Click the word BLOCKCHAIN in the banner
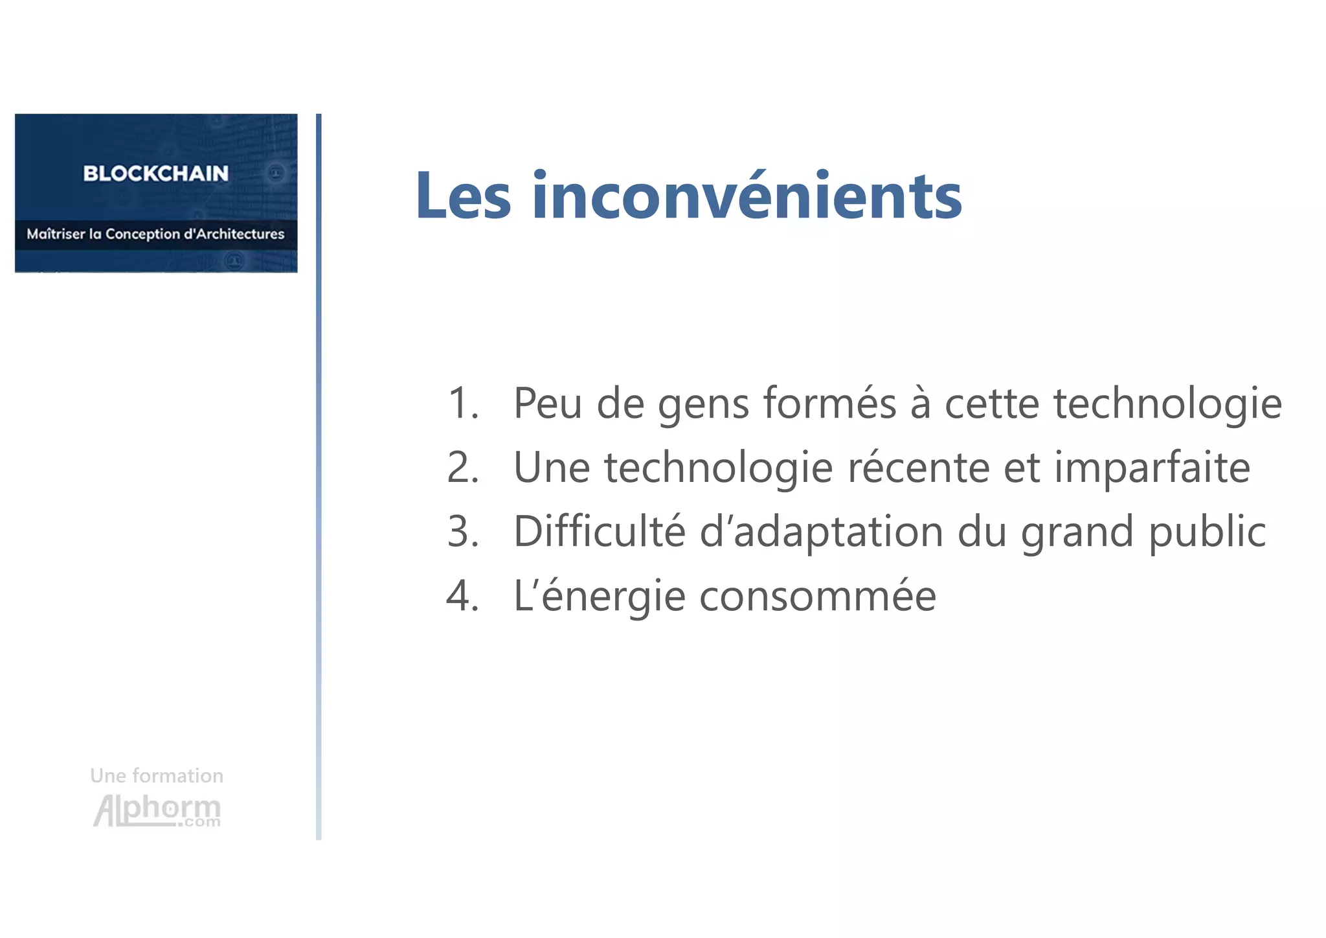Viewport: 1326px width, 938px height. [155, 174]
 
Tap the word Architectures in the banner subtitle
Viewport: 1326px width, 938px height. [240, 234]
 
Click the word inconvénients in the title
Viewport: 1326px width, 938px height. [747, 196]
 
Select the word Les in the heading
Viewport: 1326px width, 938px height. [464, 196]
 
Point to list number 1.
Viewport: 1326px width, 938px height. [462, 403]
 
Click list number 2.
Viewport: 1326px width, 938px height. [462, 467]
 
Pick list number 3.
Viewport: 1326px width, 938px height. [462, 531]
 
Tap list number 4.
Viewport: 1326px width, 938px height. [462, 595]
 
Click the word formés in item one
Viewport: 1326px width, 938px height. [829, 403]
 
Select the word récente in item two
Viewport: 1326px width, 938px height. [918, 467]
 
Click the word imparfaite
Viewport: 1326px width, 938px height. [1152, 467]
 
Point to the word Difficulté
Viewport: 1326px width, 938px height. [599, 531]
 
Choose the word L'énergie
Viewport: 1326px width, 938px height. [600, 595]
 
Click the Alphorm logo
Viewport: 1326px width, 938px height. [157, 810]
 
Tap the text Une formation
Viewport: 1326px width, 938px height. [157, 775]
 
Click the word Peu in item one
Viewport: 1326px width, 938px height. [548, 403]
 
